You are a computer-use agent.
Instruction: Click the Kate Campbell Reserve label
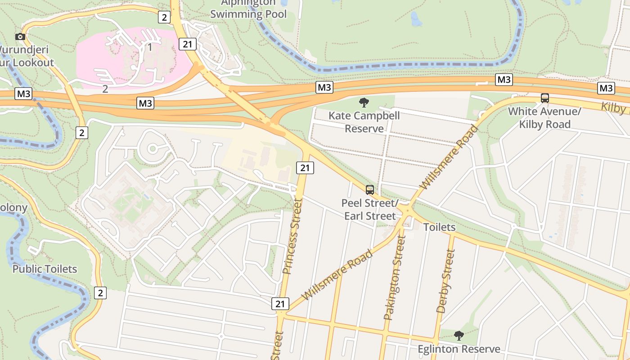364,122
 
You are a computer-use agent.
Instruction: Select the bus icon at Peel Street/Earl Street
369,190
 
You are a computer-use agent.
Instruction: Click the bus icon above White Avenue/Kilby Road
544,98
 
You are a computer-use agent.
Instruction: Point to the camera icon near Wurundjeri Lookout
20,36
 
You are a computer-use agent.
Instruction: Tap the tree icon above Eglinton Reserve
459,335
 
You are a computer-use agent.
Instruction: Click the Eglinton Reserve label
459,349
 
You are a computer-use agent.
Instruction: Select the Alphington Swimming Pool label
248,9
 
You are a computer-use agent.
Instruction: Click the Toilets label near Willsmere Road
439,227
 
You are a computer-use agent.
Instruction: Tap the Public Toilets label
45,269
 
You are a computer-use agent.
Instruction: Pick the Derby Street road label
446,281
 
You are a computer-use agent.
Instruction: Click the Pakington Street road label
395,278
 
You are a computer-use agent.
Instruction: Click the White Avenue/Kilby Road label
544,118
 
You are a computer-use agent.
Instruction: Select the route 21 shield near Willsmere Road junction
280,304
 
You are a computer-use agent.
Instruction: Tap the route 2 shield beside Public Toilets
100,293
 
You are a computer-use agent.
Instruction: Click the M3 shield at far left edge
23,94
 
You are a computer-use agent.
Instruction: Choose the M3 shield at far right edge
606,88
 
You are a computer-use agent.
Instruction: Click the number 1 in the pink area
150,47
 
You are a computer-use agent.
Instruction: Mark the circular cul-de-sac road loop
152,148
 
